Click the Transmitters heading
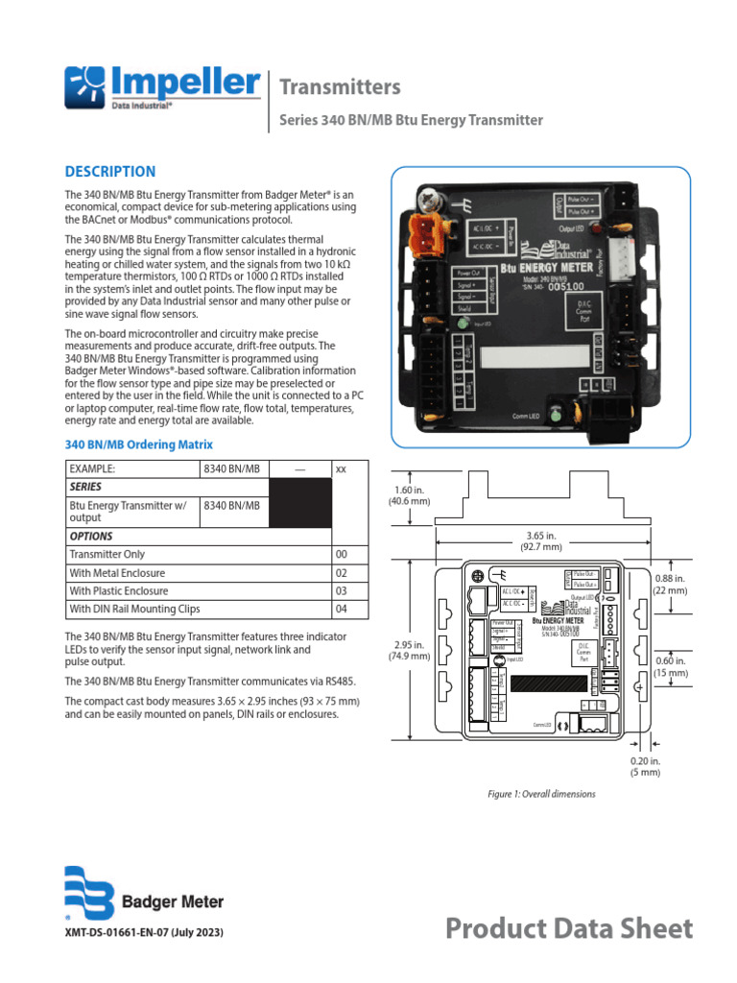point(339,87)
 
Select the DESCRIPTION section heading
point(109,172)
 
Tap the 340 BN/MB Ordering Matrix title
point(138,445)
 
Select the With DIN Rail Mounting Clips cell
point(134,610)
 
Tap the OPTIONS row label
point(91,537)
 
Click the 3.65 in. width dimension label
point(542,540)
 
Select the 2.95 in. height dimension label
point(409,650)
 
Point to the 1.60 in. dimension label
point(409,494)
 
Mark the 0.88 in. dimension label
point(671,585)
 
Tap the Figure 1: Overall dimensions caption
point(541,794)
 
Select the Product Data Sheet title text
point(569,928)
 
